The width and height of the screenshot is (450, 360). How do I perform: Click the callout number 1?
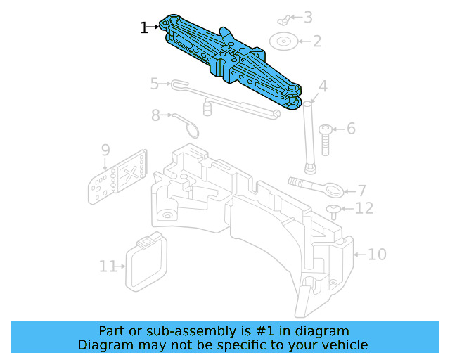coord(144,27)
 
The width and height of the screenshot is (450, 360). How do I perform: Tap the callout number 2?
coord(316,41)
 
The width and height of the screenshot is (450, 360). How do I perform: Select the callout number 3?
coord(308,18)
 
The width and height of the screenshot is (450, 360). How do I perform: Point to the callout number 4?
coord(323,87)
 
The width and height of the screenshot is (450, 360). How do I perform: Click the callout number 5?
coord(155,84)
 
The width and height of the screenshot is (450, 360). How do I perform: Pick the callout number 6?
coord(350,129)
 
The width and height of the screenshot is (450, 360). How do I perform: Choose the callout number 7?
coord(361,191)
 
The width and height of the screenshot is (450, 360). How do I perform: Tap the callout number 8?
coord(155,115)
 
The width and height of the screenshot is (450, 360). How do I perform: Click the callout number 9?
coord(105,150)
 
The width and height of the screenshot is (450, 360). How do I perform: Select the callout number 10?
coord(377,254)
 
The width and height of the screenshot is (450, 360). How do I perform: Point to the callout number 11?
coord(107,266)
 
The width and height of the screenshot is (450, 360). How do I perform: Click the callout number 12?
coord(364,208)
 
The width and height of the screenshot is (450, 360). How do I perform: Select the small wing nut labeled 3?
coord(283,17)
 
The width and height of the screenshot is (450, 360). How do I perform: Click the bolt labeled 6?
coord(325,139)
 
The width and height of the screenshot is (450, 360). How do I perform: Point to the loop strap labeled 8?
coord(186,124)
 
